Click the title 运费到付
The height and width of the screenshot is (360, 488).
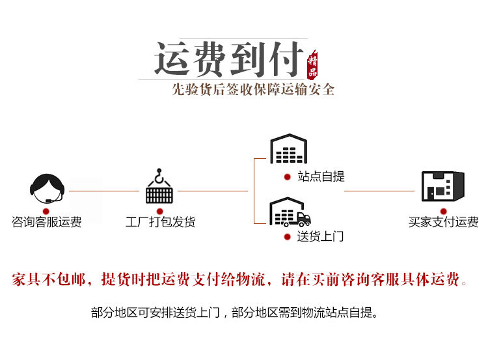pos(228,59)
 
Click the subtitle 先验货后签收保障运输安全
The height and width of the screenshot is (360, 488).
pos(253,89)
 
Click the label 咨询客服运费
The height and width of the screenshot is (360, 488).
pos(47,222)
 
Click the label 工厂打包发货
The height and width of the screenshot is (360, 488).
pos(160,222)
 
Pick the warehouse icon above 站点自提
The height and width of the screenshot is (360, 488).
pos(288,150)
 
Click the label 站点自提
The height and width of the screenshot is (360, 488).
pos(321,176)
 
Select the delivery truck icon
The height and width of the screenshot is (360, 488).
pos(290,212)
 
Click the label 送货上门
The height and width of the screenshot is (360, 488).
pos(320,236)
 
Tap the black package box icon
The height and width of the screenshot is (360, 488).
pos(442,186)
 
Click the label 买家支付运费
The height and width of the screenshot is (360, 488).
pos(443,222)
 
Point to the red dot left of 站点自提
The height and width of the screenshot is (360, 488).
pos(287,176)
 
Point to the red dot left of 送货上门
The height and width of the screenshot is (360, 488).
pos(287,236)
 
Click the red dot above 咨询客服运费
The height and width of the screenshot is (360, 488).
pos(46,210)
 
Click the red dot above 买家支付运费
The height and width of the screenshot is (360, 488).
pos(443,210)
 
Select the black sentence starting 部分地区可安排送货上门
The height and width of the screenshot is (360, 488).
pos(234,312)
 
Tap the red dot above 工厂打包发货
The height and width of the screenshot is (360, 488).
pos(159,210)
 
